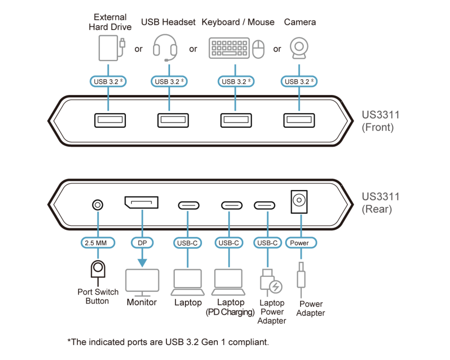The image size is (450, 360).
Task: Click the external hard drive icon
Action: pyautogui.click(x=108, y=48)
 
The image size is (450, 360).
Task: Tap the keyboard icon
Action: pyautogui.click(x=229, y=48)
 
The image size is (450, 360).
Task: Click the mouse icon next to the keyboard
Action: pyautogui.click(x=258, y=49)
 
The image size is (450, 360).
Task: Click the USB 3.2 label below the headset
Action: pyautogui.click(x=169, y=81)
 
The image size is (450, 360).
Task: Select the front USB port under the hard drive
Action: pyautogui.click(x=109, y=121)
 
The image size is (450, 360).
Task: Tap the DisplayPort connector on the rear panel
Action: pyautogui.click(x=141, y=202)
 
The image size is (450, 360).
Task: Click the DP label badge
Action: pyautogui.click(x=142, y=243)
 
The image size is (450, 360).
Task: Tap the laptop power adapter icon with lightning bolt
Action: pyautogui.click(x=271, y=282)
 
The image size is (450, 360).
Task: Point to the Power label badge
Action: pyautogui.click(x=300, y=243)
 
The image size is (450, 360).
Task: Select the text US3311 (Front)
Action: pyautogui.click(x=380, y=121)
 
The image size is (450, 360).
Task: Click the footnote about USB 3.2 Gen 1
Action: pyautogui.click(x=168, y=342)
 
